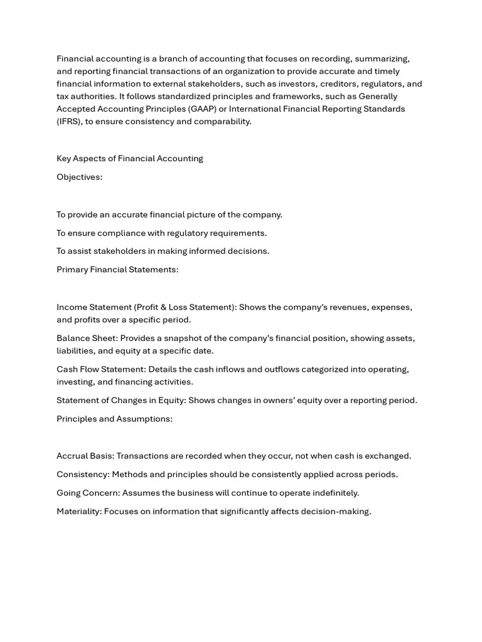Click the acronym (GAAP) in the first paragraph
[x=202, y=109]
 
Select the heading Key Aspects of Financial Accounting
[x=130, y=159]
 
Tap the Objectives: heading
[x=79, y=177]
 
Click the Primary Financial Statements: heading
[x=117, y=270]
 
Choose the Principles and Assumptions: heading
[x=114, y=419]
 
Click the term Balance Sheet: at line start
[x=87, y=339]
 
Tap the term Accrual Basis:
[x=85, y=456]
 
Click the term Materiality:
[x=79, y=512]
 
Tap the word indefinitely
[x=335, y=493]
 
